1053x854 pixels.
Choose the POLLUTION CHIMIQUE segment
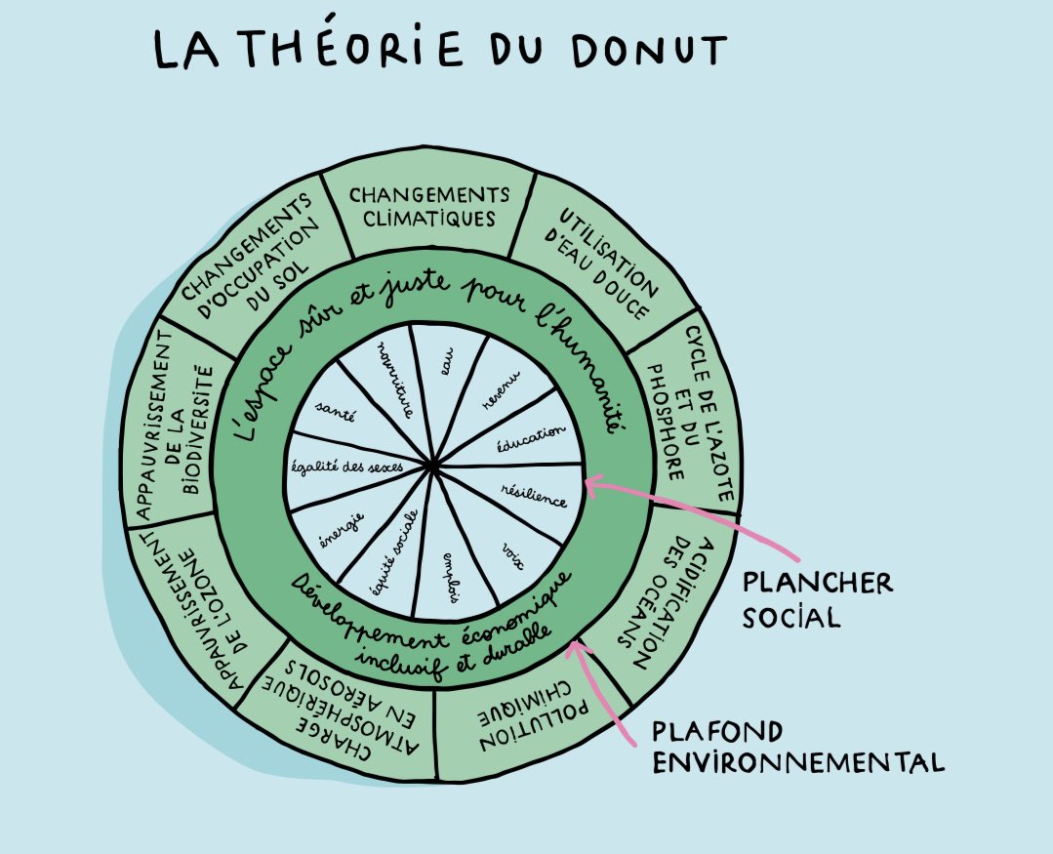tap(508, 727)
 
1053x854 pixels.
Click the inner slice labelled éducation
tap(532, 430)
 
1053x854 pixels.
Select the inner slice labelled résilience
tap(532, 496)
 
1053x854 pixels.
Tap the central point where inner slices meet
tap(434, 469)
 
